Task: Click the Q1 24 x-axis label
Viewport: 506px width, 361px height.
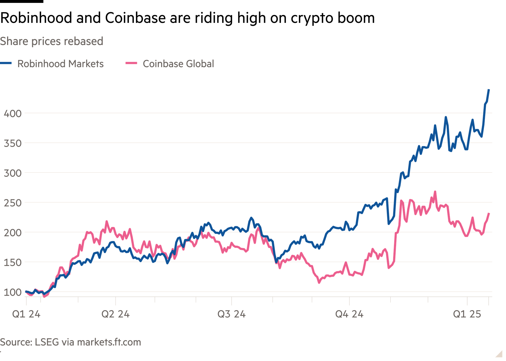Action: pyautogui.click(x=26, y=314)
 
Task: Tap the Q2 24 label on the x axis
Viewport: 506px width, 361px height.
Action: pyautogui.click(x=115, y=314)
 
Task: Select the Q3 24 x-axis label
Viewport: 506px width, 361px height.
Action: pyautogui.click(x=231, y=314)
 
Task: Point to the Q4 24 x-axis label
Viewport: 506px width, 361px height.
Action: pyautogui.click(x=349, y=314)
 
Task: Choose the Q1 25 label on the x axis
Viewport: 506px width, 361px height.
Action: pyautogui.click(x=467, y=314)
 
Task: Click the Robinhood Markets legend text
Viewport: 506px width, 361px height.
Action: pyautogui.click(x=60, y=64)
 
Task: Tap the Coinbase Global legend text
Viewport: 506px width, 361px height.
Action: pyautogui.click(x=178, y=64)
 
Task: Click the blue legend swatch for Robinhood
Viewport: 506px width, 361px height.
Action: pyautogui.click(x=6, y=63)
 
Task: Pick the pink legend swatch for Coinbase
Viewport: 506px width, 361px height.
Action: pyautogui.click(x=131, y=63)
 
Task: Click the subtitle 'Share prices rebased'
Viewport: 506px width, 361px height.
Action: pyautogui.click(x=52, y=41)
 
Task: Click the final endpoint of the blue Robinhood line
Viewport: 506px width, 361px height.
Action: pyautogui.click(x=489, y=90)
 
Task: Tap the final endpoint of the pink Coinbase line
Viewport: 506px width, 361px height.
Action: pyautogui.click(x=489, y=213)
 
